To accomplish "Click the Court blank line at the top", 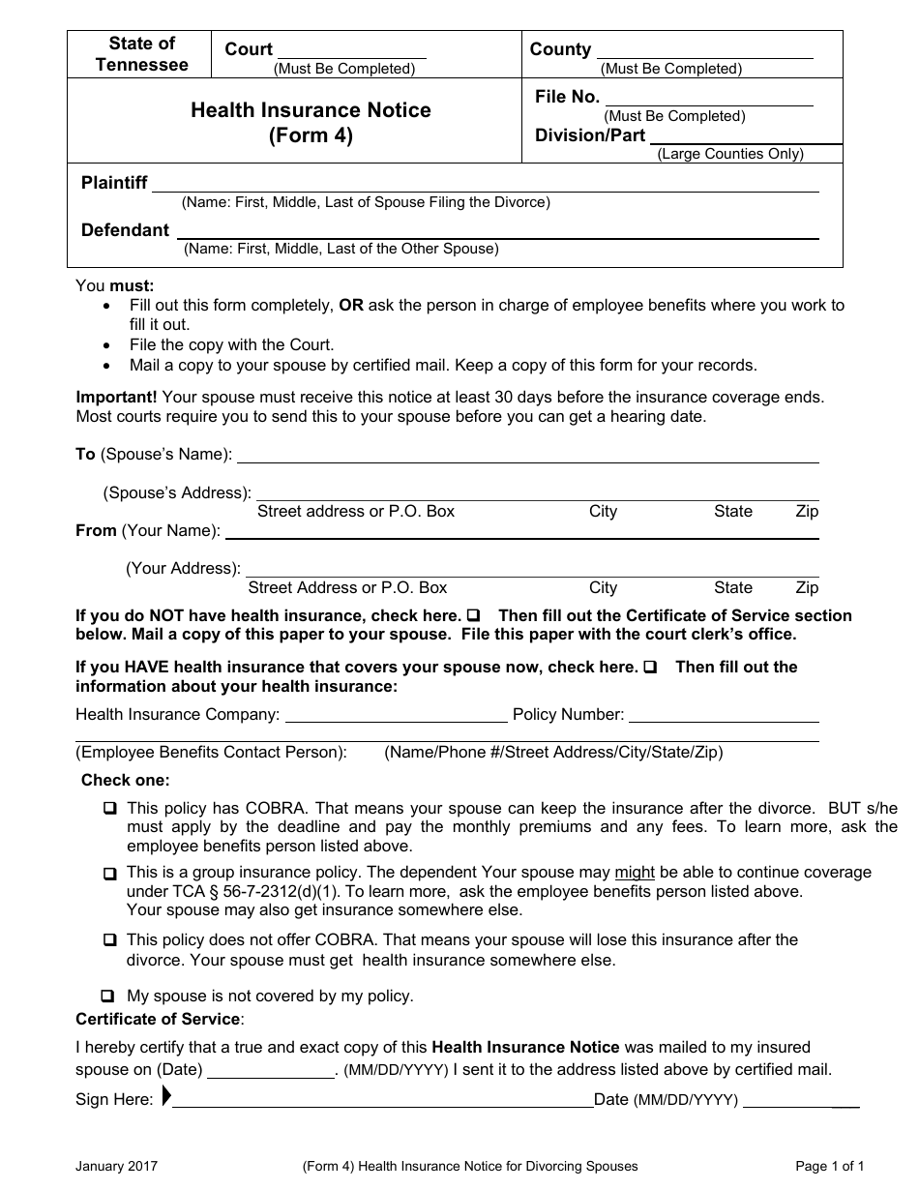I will [x=352, y=56].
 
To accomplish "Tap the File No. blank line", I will [x=709, y=104].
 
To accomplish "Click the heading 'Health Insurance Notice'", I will [x=311, y=110].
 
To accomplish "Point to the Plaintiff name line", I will [x=486, y=190].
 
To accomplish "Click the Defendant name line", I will [x=497, y=236].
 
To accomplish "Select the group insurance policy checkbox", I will [x=110, y=874].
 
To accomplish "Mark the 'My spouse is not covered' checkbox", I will [x=107, y=996].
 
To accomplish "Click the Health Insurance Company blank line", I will [x=396, y=721].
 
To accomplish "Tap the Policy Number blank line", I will [x=724, y=721].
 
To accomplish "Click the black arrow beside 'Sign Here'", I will [x=166, y=1097].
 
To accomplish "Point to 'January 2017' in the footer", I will [x=116, y=1167].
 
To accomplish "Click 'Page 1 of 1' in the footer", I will [x=829, y=1167].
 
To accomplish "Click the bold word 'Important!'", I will [x=117, y=397].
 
